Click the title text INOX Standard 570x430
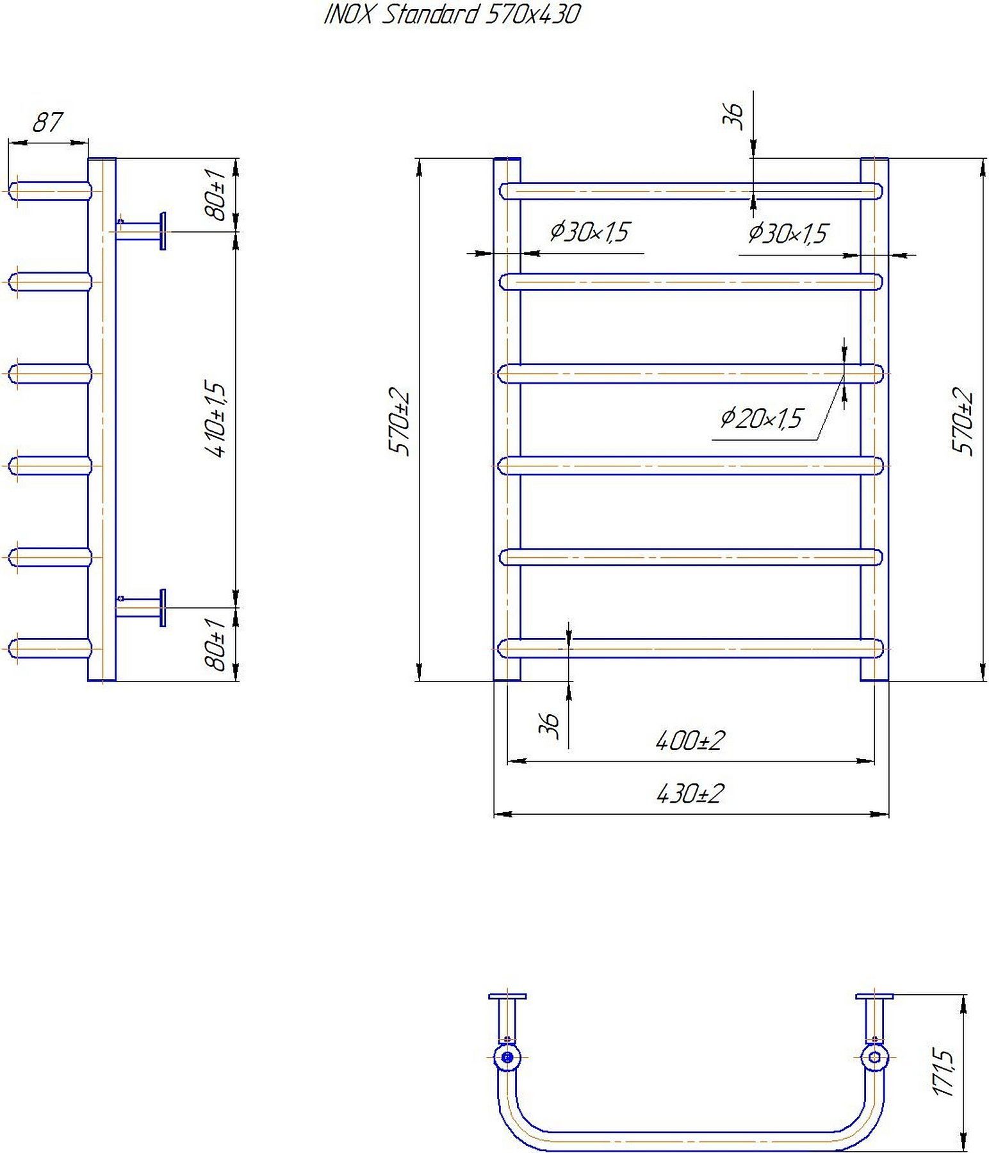(452, 14)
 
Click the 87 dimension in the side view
(47, 122)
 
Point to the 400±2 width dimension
(690, 741)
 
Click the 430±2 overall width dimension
(690, 794)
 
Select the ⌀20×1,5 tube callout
(761, 419)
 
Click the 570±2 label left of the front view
(399, 421)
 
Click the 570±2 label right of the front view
(963, 421)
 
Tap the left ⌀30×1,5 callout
(590, 231)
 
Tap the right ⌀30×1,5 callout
(789, 233)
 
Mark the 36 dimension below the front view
(550, 725)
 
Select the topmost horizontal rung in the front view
(690, 191)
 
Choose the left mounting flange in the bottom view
(507, 997)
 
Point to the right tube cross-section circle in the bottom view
(874, 1058)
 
